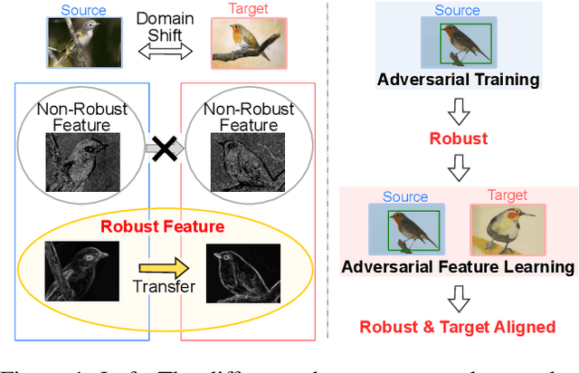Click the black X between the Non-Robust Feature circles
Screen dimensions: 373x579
click(x=165, y=146)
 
